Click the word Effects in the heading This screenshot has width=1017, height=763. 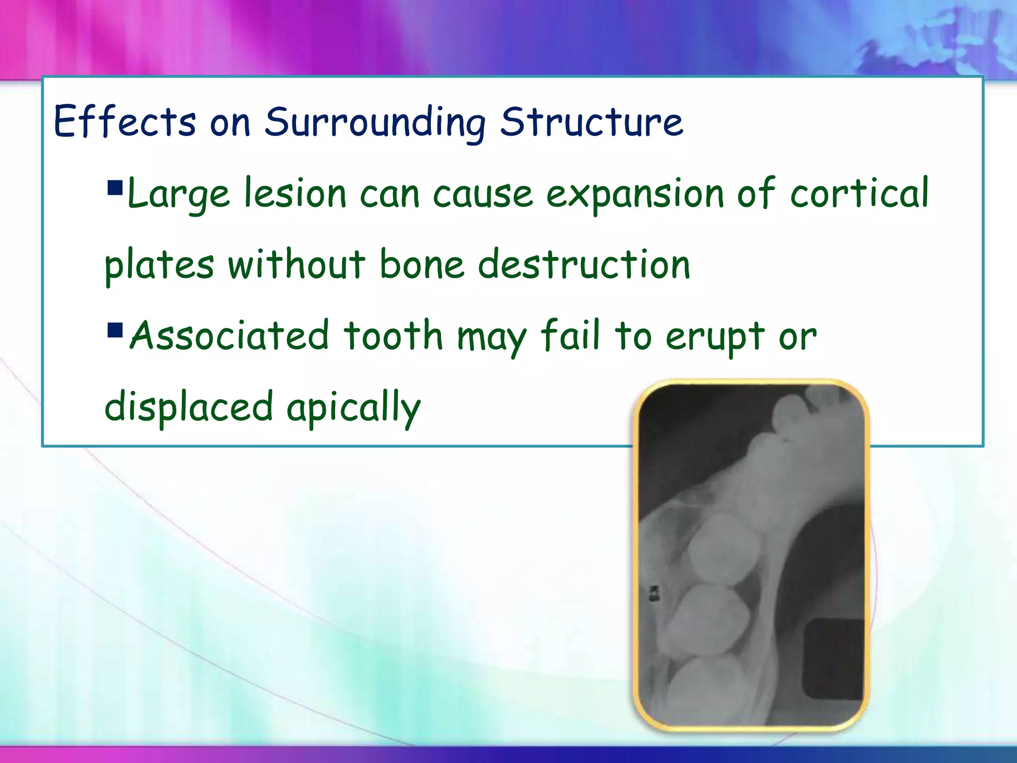point(125,121)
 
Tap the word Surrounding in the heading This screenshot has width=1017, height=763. point(374,122)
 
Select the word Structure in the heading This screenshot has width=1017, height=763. point(591,121)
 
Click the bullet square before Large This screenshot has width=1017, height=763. point(115,187)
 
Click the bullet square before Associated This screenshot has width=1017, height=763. point(115,329)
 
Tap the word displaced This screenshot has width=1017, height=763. point(189,406)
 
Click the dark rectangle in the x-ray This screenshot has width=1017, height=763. point(834,659)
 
